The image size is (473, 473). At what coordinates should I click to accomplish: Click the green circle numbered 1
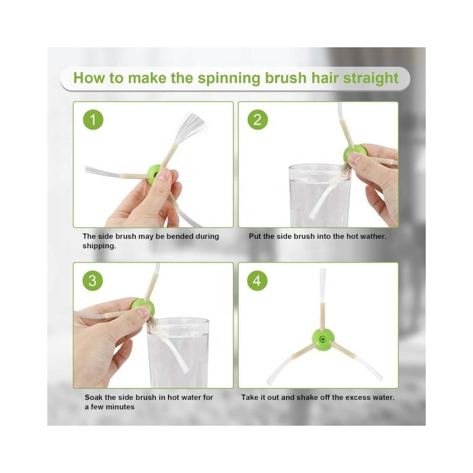point(93,120)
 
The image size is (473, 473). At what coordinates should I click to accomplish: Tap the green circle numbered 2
point(258,120)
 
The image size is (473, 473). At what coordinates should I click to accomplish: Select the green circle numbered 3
point(93,281)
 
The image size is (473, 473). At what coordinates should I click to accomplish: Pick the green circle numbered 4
point(257,281)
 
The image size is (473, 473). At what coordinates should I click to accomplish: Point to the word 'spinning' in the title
point(229,79)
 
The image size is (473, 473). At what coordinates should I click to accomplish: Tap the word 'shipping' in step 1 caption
point(99,246)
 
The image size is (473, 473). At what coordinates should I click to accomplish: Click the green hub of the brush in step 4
point(322,339)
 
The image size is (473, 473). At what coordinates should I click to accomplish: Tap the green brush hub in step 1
point(154,174)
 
